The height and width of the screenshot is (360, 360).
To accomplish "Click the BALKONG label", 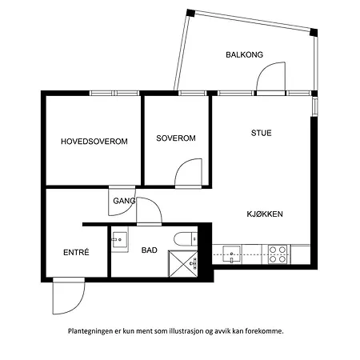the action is (x=244, y=54).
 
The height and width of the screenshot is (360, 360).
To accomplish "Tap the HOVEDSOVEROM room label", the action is (x=94, y=142).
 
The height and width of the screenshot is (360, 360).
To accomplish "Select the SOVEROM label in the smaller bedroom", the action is (x=176, y=138).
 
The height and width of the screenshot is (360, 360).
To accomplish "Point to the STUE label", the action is (x=262, y=133).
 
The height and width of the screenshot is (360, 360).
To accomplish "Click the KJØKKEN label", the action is (x=265, y=214).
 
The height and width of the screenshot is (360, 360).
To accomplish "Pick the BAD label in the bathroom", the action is (x=150, y=250).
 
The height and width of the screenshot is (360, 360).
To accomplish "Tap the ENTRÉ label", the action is (x=76, y=252).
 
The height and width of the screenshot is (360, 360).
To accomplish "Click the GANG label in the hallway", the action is (x=124, y=201).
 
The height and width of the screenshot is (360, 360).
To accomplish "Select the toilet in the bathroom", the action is (x=186, y=238).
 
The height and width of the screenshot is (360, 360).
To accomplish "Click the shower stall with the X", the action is (x=183, y=264).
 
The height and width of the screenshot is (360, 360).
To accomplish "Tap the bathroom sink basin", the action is (x=119, y=239).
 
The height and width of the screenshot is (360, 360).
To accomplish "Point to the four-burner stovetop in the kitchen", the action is (x=278, y=254).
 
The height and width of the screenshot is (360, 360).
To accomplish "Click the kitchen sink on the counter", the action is (x=231, y=254).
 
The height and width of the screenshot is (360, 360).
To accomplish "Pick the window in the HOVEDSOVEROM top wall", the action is (x=114, y=93).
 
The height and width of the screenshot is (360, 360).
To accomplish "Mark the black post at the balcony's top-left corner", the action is (x=190, y=13).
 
